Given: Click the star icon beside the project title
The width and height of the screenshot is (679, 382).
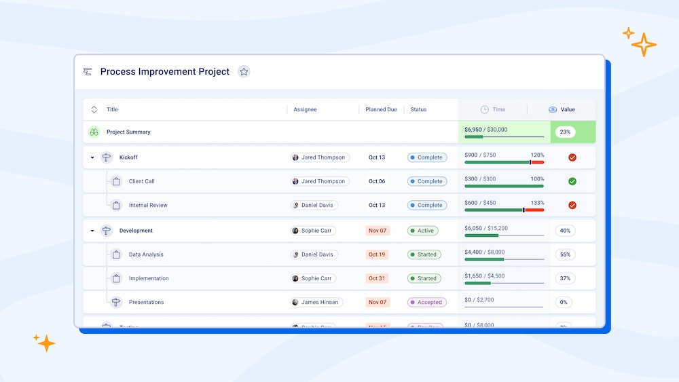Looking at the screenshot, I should click(244, 72).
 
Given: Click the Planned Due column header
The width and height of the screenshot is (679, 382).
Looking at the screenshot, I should click(381, 110).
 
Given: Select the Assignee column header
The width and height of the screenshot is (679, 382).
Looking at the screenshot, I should click(305, 110).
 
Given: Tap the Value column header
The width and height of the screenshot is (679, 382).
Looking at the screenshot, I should click(568, 110).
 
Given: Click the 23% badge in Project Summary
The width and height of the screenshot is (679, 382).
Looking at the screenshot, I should click(565, 132).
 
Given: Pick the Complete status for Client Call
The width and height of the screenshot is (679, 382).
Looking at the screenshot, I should click(427, 182).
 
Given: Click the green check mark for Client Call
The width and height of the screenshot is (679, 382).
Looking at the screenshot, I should click(572, 182).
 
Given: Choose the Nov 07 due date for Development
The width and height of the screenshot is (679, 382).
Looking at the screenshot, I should click(377, 231).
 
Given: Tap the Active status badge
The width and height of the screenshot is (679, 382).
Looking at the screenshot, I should click(423, 231).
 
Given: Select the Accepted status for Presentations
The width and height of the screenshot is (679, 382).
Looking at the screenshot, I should click(427, 303).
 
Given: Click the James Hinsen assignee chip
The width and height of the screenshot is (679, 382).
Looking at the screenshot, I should click(317, 303).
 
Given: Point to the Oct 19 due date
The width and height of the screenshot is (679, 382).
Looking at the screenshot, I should click(377, 255).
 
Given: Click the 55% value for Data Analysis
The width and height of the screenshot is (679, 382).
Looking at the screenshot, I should click(565, 255).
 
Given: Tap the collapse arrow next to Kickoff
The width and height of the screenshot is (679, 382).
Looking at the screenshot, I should click(92, 158).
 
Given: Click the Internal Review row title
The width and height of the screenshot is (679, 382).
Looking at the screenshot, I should click(148, 206).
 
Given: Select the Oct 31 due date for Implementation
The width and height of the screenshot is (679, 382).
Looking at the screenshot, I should click(377, 279).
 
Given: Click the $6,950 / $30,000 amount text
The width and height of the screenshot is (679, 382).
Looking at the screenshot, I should click(485, 130).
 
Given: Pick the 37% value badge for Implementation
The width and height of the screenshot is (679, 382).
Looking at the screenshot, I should click(565, 279).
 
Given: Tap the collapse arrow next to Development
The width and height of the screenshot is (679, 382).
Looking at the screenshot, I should click(92, 231).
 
